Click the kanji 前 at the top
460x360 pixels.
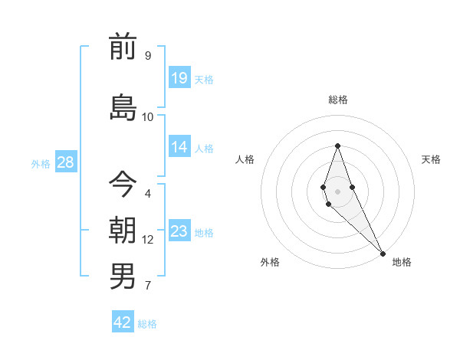click(x=123, y=47)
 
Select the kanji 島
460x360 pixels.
click(x=123, y=107)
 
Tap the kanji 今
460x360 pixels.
click(x=123, y=184)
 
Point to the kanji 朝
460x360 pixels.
click(x=123, y=231)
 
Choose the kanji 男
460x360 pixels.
click(x=123, y=277)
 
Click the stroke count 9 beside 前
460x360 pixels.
click(x=147, y=56)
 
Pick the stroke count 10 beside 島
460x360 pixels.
click(x=147, y=117)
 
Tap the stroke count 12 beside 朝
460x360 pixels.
click(x=147, y=240)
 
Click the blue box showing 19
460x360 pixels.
click(x=179, y=77)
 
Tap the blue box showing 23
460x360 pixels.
click(x=179, y=231)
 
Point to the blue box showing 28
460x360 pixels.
click(x=64, y=162)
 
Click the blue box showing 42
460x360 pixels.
click(x=123, y=322)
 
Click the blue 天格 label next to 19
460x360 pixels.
click(x=204, y=80)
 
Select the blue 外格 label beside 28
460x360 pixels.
click(x=40, y=164)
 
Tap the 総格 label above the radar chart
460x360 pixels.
click(x=337, y=100)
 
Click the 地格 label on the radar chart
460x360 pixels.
click(x=402, y=262)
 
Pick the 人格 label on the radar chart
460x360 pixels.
click(x=245, y=159)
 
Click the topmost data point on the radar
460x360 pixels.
click(x=337, y=146)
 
